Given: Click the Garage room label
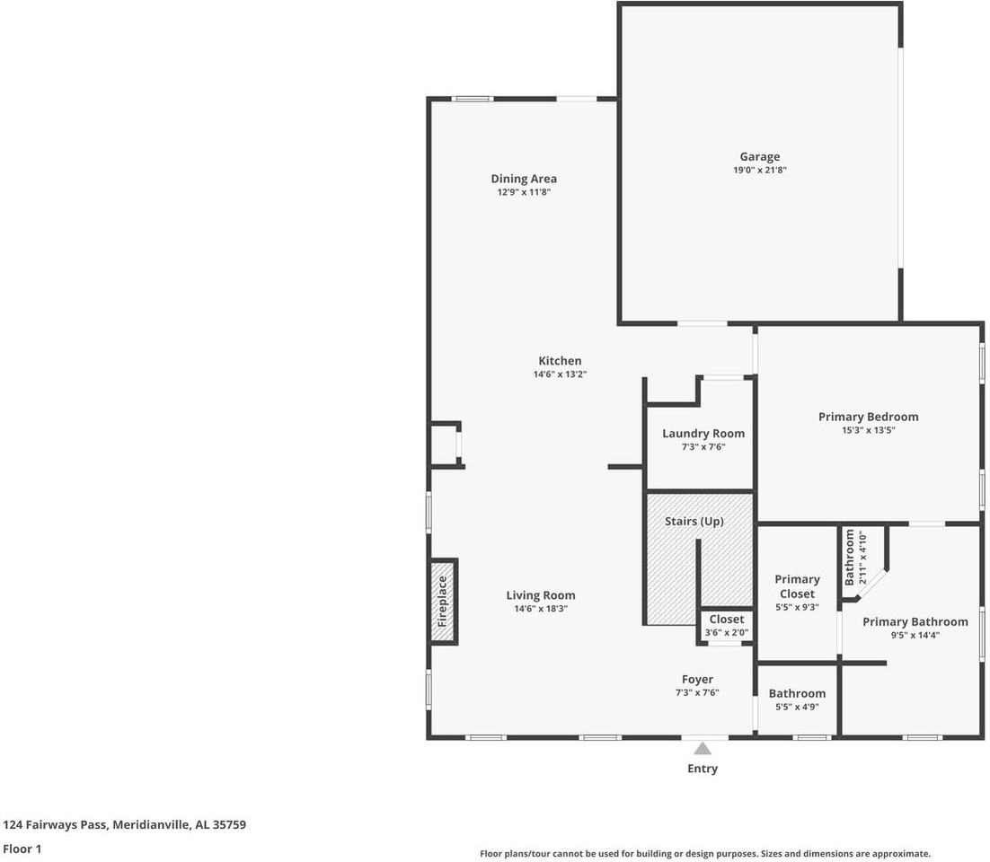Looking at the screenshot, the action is pyautogui.click(x=759, y=156).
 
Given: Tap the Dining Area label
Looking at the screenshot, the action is pyautogui.click(x=524, y=179).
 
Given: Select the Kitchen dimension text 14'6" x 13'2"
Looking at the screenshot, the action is pyautogui.click(x=560, y=374).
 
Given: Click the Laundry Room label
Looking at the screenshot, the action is pyautogui.click(x=703, y=434).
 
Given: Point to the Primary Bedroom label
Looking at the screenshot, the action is pyautogui.click(x=868, y=417).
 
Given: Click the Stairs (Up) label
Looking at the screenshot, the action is pyautogui.click(x=694, y=521).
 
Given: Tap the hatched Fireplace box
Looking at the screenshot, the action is pyautogui.click(x=443, y=602).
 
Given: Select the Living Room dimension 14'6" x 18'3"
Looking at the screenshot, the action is pyautogui.click(x=541, y=609).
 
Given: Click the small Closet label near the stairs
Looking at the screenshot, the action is pyautogui.click(x=727, y=619).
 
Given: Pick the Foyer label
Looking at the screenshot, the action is pyautogui.click(x=698, y=679).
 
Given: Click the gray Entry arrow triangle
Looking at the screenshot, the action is pyautogui.click(x=703, y=749).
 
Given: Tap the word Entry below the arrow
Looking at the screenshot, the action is pyautogui.click(x=703, y=769).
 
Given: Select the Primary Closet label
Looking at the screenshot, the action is pyautogui.click(x=798, y=586).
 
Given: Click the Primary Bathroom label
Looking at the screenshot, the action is pyautogui.click(x=915, y=621).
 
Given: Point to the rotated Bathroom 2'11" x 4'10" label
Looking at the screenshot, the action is pyautogui.click(x=855, y=558).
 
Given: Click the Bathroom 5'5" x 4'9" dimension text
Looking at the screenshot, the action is pyautogui.click(x=798, y=708).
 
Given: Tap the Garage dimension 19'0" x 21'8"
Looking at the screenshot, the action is pyautogui.click(x=759, y=170).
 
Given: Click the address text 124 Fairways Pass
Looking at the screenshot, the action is pyautogui.click(x=56, y=825).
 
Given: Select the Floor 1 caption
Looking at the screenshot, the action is pyautogui.click(x=22, y=849).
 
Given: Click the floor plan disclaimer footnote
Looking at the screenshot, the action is pyautogui.click(x=705, y=854).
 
